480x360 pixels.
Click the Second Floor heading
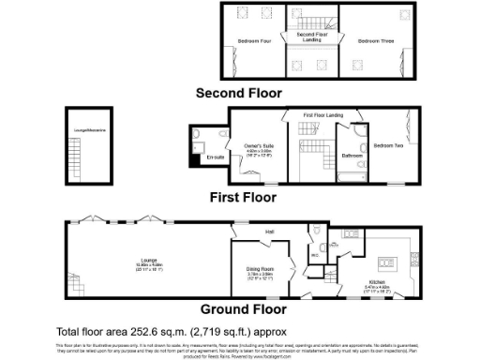[x=238, y=93]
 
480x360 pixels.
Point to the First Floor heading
[x=242, y=198]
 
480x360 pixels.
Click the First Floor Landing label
[x=322, y=114]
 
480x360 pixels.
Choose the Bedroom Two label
[x=388, y=146]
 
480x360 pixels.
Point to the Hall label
[x=270, y=231]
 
